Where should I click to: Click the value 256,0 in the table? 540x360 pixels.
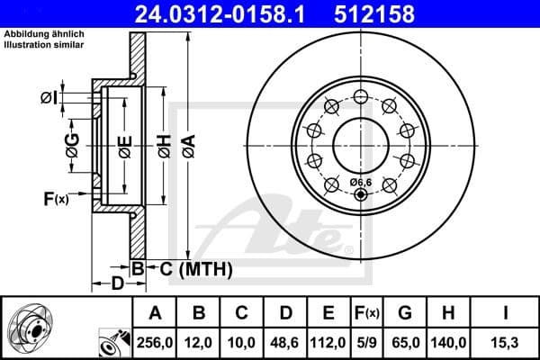point(155,341)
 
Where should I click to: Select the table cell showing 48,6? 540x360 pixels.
point(284,341)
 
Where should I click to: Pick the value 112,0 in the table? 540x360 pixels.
point(328,341)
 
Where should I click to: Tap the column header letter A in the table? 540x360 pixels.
point(155,312)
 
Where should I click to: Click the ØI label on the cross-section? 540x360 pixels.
point(49,98)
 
